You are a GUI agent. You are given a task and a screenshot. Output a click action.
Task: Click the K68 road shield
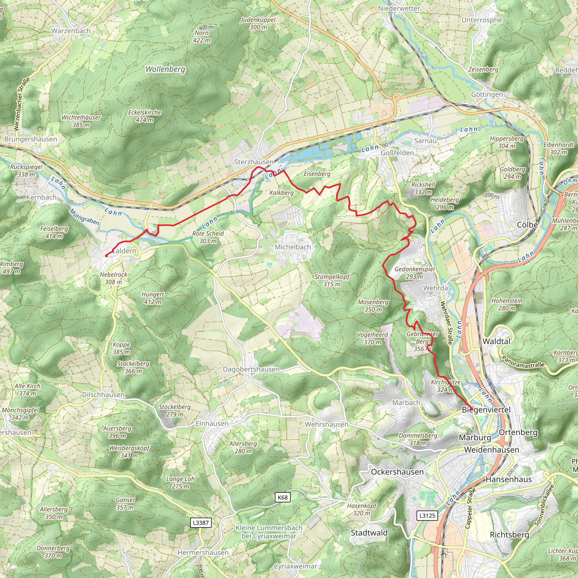click(283, 498)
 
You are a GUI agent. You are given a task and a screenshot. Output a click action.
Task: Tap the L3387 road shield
click(201, 523)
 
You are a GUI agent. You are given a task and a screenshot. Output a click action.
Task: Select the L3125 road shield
click(427, 515)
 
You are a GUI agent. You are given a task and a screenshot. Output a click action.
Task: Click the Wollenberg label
click(165, 69)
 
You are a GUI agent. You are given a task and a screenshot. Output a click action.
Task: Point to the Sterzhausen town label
click(254, 162)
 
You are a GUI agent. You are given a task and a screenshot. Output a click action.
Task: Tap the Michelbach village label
click(293, 247)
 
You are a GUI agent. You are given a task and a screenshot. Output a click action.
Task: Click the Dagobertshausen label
click(251, 369)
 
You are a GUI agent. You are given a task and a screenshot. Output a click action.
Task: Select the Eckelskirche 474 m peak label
click(144, 116)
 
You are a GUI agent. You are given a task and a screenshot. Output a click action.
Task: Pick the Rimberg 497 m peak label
click(11, 268)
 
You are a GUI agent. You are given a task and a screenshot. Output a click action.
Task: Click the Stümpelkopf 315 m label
click(332, 280)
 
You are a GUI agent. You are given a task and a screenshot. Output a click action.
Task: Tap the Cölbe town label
click(527, 225)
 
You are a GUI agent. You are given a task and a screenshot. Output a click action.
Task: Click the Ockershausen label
click(397, 472)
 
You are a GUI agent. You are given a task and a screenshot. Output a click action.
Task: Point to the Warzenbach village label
click(71, 31)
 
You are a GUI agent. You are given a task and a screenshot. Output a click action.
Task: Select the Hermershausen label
click(203, 553)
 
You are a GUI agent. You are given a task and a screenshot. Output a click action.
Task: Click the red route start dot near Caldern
click(106, 255)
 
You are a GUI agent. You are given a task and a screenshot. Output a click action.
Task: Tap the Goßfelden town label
click(397, 153)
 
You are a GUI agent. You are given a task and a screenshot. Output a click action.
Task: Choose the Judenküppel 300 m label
click(258, 23)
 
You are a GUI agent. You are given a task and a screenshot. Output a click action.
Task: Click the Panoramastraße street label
click(523, 362)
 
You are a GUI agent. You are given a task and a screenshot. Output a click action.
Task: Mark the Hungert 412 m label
click(153, 298)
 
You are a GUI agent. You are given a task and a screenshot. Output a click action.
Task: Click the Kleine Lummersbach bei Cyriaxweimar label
click(269, 532)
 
